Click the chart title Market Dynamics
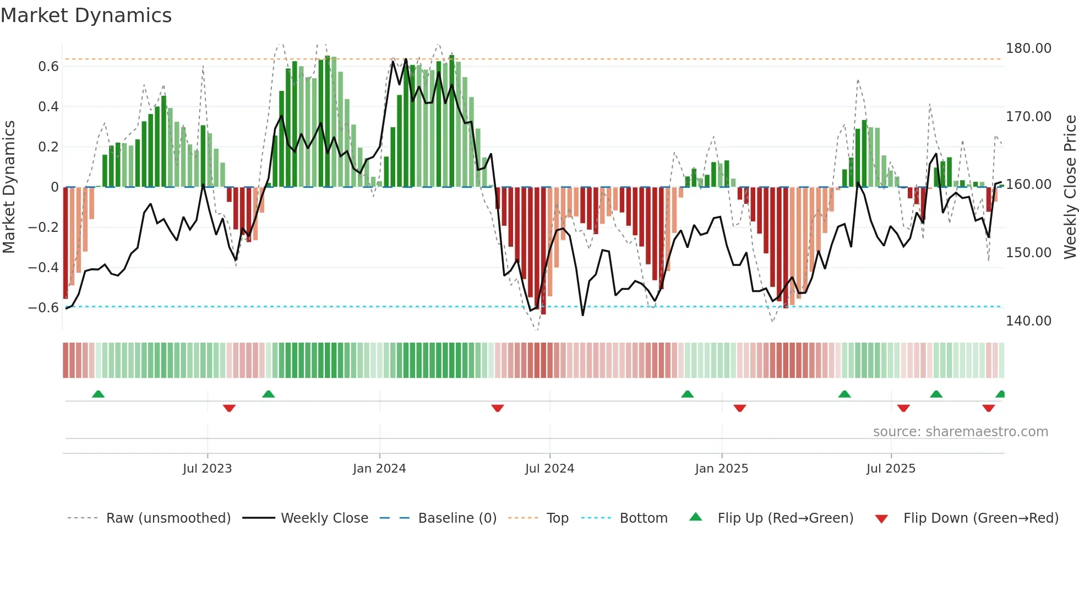click(x=86, y=15)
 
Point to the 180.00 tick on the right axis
click(x=1028, y=48)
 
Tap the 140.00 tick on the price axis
click(x=1028, y=321)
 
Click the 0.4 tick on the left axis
click(x=48, y=107)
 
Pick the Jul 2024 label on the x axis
click(x=549, y=469)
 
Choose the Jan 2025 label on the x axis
click(x=721, y=469)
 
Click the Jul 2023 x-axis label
click(x=207, y=469)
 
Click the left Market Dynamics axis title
click(x=9, y=187)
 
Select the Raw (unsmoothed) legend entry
click(x=168, y=518)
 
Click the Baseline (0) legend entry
click(x=457, y=518)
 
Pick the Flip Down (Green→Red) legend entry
click(x=980, y=518)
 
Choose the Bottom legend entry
click(x=643, y=518)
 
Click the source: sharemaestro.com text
click(x=960, y=432)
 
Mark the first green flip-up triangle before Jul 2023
click(x=98, y=394)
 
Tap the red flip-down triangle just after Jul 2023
click(x=229, y=408)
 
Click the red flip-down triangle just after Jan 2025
click(x=739, y=408)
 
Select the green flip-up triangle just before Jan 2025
click(x=687, y=394)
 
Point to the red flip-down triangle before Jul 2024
click(x=497, y=408)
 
